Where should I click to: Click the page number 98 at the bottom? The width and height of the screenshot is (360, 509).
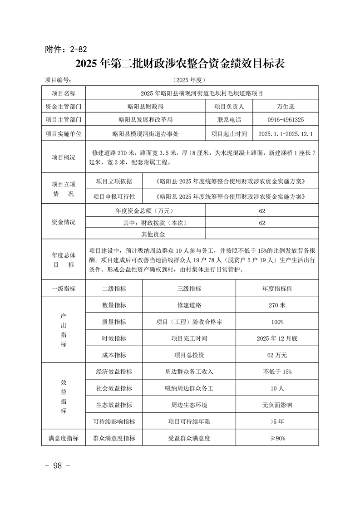(x=57, y=466)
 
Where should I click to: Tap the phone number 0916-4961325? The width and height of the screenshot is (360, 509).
(x=286, y=120)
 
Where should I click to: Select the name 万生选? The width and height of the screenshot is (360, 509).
(x=286, y=107)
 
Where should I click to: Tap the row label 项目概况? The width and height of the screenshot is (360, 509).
(x=64, y=157)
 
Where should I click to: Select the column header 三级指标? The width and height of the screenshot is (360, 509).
(x=189, y=289)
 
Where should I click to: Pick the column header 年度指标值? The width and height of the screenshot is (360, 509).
(x=277, y=289)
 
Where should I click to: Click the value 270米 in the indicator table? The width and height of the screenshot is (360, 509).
(x=277, y=305)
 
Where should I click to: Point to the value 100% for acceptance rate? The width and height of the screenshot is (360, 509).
(x=277, y=322)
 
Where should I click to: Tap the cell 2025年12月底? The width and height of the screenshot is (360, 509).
(x=277, y=338)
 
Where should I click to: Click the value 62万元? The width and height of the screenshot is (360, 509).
(x=277, y=355)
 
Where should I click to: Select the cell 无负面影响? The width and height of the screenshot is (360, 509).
(x=277, y=405)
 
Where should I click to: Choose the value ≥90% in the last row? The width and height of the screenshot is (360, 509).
(x=277, y=438)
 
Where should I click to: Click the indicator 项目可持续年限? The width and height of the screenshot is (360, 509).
(x=189, y=421)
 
